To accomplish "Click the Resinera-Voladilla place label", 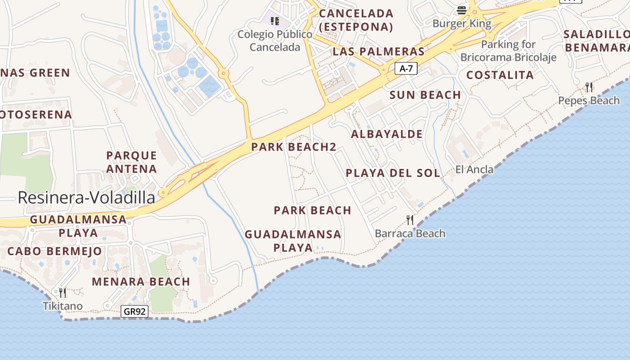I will (x=86, y=198).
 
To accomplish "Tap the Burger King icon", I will (x=462, y=10).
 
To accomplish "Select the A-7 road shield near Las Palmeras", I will (x=406, y=68).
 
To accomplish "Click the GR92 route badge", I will (x=135, y=311).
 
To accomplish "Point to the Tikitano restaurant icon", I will (x=63, y=293).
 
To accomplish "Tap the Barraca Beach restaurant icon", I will (x=410, y=220).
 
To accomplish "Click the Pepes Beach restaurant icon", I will (x=589, y=87).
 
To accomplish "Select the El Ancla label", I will (x=474, y=169).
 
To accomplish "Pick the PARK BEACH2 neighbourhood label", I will (x=294, y=147).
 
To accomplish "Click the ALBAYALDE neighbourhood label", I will (x=387, y=134).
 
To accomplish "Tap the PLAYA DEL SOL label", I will (x=393, y=173).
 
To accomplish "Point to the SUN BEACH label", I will (x=425, y=95).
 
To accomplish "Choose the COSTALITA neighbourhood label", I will (x=500, y=75).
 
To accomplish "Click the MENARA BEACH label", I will (x=141, y=282).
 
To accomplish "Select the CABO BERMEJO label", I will (x=54, y=251).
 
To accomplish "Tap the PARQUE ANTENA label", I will (x=131, y=162).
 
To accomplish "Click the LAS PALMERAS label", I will (x=378, y=52).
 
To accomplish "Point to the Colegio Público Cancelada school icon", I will (x=275, y=21).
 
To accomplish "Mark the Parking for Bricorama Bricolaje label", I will (x=508, y=51).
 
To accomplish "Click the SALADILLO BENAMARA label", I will (x=597, y=40).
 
